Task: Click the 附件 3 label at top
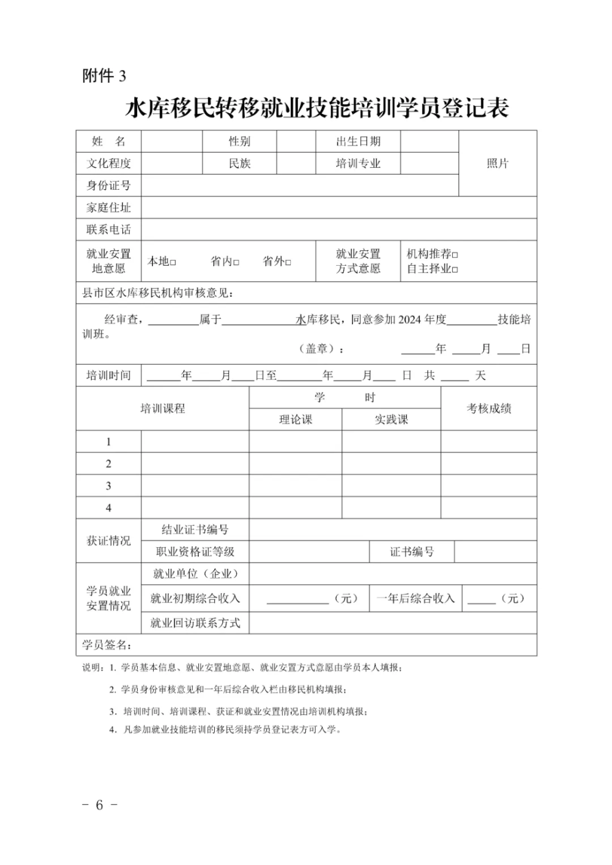[104, 75]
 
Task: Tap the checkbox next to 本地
[173, 263]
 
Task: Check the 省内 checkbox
[236, 263]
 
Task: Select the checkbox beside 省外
[288, 263]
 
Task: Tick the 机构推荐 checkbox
[455, 255]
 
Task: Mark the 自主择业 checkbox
[455, 269]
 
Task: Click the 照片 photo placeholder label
[498, 163]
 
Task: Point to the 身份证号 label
[108, 185]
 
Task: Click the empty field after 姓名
[171, 141]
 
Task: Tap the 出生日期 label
[358, 141]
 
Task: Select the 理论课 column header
[296, 419]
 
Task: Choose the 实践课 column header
[391, 419]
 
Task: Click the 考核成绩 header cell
[488, 408]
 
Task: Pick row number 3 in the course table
[108, 486]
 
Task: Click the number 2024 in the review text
[411, 320]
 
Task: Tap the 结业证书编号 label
[195, 530]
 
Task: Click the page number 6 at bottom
[99, 805]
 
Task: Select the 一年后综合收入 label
[416, 599]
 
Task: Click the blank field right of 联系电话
[338, 230]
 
